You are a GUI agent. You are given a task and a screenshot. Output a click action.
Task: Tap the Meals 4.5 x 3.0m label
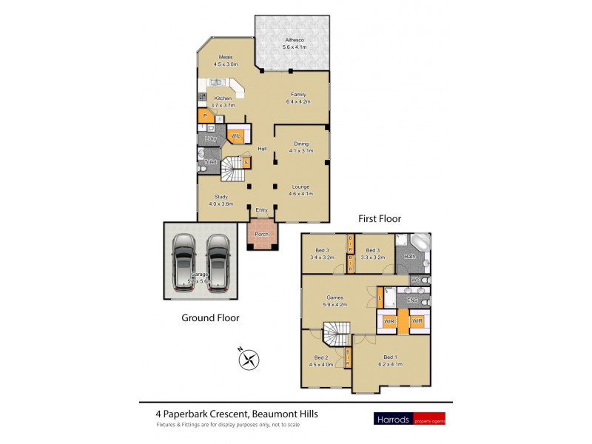click(223, 61)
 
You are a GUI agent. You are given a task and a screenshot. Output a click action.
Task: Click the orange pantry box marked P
click(203, 117)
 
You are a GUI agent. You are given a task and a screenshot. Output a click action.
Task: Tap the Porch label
click(261, 235)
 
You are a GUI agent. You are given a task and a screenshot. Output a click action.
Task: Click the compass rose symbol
click(250, 360)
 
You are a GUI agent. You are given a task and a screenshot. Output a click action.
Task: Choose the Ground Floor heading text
click(210, 318)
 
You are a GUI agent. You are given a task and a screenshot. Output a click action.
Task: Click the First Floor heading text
click(380, 219)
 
